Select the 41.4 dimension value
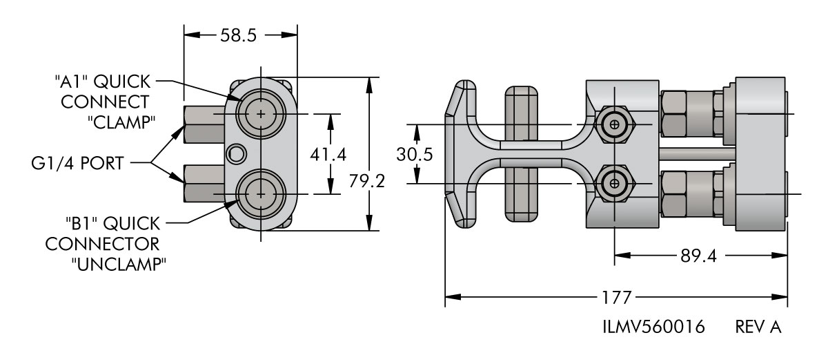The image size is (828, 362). click(328, 155)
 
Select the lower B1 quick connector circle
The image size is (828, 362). click(260, 195)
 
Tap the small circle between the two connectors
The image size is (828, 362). click(236, 153)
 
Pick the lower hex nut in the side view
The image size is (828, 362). click(613, 184)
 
